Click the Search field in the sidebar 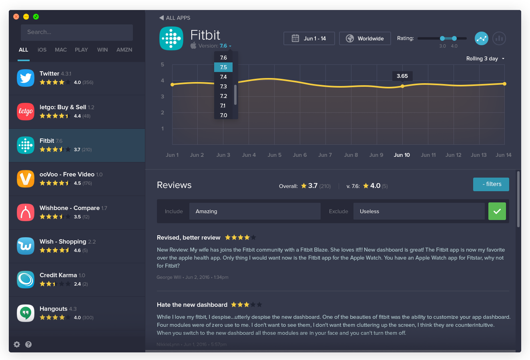pos(76,32)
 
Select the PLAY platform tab pos(81,50)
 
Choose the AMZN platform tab pos(124,50)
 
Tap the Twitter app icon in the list pos(26,78)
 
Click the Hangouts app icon pos(26,313)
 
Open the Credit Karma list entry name pos(58,275)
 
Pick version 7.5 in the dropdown pos(223,67)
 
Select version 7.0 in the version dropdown pos(223,115)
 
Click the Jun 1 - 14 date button pos(309,38)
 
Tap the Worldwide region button pos(365,38)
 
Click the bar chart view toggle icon pos(499,38)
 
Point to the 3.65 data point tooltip pos(402,76)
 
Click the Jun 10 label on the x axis pos(402,155)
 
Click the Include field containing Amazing pos(255,211)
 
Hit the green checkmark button pos(497,211)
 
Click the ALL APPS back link pos(175,18)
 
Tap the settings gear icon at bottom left pos(17,344)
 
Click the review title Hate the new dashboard pos(192,305)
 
